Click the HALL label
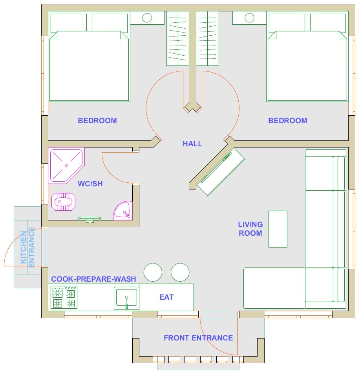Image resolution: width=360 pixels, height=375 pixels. click(192, 144)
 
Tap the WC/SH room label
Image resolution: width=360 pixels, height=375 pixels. click(90, 184)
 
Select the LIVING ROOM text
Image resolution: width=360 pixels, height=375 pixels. click(250, 229)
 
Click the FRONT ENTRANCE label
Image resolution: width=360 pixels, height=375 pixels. click(198, 338)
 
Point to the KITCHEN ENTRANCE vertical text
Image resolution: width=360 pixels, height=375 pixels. click(28, 248)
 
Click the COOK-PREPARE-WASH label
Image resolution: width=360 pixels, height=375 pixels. click(93, 279)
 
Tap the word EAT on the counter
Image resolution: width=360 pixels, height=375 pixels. click(166, 297)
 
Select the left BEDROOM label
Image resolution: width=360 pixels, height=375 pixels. click(97, 120)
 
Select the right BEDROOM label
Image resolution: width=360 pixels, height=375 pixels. click(287, 120)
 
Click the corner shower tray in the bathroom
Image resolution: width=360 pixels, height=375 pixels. click(64, 165)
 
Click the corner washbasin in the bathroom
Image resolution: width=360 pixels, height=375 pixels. click(124, 211)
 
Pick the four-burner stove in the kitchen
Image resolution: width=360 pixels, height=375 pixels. click(64, 298)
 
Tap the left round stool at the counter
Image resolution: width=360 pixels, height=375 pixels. click(153, 272)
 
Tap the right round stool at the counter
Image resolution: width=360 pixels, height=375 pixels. click(180, 272)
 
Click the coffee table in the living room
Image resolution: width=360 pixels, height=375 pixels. click(278, 229)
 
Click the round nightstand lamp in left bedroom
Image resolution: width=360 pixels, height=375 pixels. click(147, 18)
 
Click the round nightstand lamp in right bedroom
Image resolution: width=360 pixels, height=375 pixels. click(249, 18)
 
